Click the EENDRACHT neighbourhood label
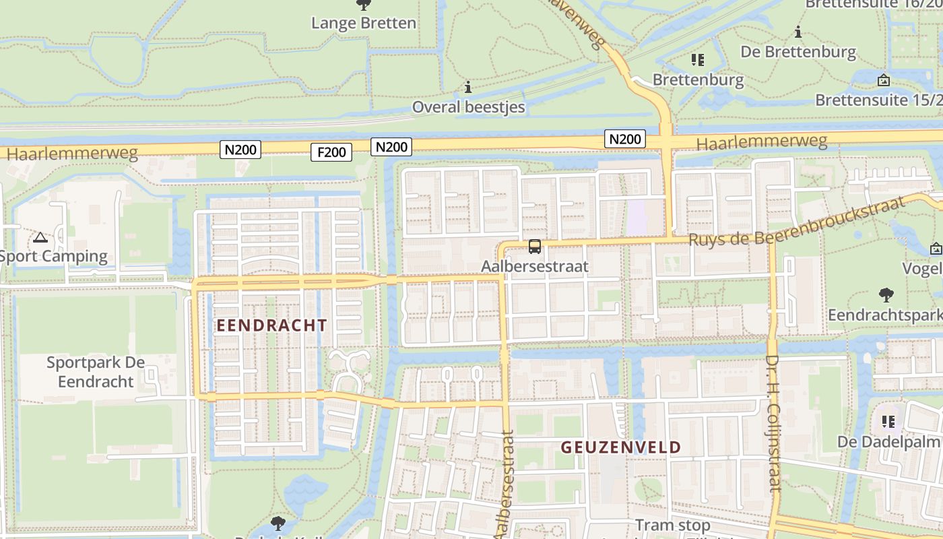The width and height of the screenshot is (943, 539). [271, 325]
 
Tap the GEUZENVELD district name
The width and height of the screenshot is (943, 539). [621, 447]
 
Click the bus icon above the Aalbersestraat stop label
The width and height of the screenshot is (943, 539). [535, 247]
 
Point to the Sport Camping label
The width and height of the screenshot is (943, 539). [54, 256]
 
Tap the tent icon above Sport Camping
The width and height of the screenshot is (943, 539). [40, 237]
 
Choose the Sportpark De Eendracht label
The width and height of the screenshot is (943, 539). [95, 372]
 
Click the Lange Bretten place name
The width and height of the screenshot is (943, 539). [364, 23]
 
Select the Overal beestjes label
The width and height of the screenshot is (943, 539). [468, 106]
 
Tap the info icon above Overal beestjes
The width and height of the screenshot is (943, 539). [468, 87]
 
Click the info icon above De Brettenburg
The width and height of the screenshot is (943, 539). [798, 32]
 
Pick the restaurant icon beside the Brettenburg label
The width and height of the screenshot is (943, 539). [698, 60]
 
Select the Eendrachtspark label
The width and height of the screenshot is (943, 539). [884, 315]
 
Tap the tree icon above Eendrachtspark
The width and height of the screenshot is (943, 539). [886, 294]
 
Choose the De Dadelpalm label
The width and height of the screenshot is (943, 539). [889, 442]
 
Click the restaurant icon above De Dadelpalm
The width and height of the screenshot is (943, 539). [888, 422]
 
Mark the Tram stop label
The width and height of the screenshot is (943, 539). [672, 525]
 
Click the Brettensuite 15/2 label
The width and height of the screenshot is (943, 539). [878, 100]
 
